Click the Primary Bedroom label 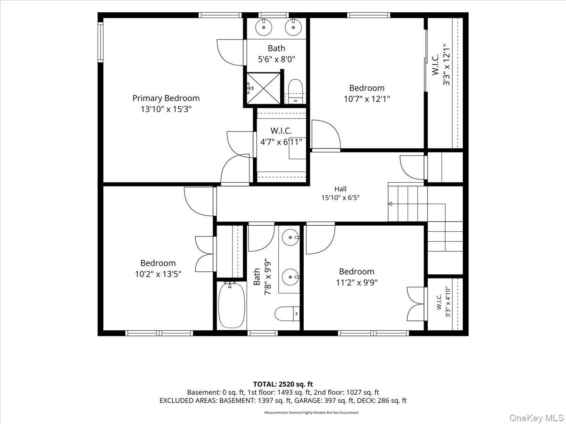(x=166, y=98)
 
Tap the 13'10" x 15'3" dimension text (x=166, y=109)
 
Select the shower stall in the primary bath (x=263, y=88)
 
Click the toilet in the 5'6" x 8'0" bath (x=295, y=91)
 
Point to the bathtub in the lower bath (x=231, y=305)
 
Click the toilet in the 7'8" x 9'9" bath (x=287, y=314)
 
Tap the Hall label (x=341, y=189)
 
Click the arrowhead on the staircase (x=391, y=204)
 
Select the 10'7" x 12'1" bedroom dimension (x=366, y=99)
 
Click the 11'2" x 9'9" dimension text (x=357, y=283)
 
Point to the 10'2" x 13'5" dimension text (x=158, y=274)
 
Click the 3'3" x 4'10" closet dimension (x=448, y=302)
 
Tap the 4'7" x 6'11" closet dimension (x=281, y=142)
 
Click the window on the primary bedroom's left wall (x=100, y=42)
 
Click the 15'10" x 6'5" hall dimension (x=341, y=198)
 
